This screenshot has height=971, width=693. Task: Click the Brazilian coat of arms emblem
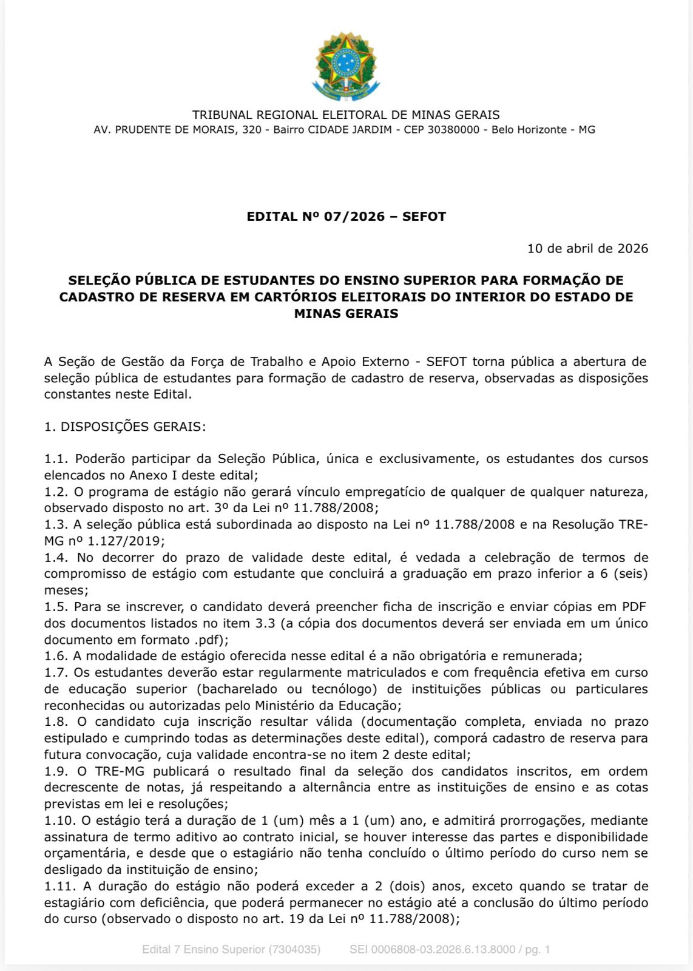pos(346,67)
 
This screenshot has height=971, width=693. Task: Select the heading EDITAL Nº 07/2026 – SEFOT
pos(346,217)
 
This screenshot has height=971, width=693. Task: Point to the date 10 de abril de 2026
pos(587,248)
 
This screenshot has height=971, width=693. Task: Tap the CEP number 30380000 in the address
pos(453,130)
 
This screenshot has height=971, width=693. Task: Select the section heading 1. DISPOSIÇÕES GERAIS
pos(125,427)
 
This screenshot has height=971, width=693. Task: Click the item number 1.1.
pos(57,459)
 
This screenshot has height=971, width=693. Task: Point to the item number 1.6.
pos(57,656)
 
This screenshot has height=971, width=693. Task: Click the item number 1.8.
pos(57,722)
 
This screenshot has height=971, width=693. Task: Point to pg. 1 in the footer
pos(538,950)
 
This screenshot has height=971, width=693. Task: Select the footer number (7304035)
pos(294,950)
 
